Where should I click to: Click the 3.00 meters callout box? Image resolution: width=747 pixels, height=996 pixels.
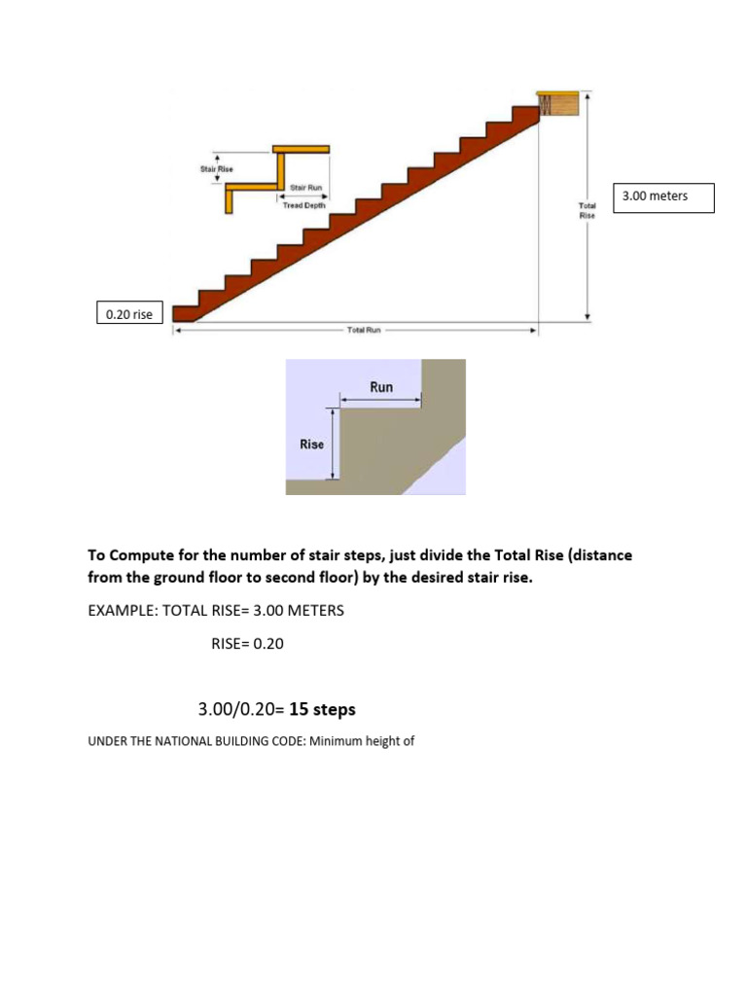click(x=662, y=197)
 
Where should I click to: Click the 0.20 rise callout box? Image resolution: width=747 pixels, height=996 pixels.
click(x=129, y=313)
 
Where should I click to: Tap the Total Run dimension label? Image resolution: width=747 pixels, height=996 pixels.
click(x=365, y=331)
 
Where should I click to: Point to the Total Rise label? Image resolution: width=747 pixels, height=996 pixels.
click(x=587, y=211)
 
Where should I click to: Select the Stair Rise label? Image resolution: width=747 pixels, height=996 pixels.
click(x=216, y=169)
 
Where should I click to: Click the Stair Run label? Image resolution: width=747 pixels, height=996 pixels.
click(x=306, y=187)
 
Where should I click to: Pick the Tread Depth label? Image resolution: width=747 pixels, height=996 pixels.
click(x=304, y=205)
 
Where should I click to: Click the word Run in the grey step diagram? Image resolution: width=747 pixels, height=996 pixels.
click(x=381, y=387)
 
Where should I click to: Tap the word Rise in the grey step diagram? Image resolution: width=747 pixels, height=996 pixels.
click(x=311, y=445)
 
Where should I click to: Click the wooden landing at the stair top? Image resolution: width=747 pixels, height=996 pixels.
click(x=561, y=102)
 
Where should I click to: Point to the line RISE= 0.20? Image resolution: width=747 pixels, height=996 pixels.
click(x=247, y=644)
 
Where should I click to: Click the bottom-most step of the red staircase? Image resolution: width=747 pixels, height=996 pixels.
click(x=185, y=313)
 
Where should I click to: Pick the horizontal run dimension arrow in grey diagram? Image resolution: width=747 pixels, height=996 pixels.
click(x=380, y=399)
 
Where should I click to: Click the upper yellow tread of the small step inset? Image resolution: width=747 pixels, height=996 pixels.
click(x=302, y=150)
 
